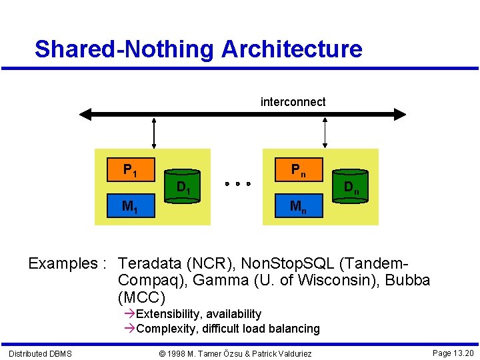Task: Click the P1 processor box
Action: pos(131,170)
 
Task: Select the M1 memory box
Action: pos(131,206)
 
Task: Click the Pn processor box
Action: pos(299,169)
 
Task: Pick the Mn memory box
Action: pos(299,206)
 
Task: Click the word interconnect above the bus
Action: pos(293,102)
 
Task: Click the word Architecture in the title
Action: pos(291,49)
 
